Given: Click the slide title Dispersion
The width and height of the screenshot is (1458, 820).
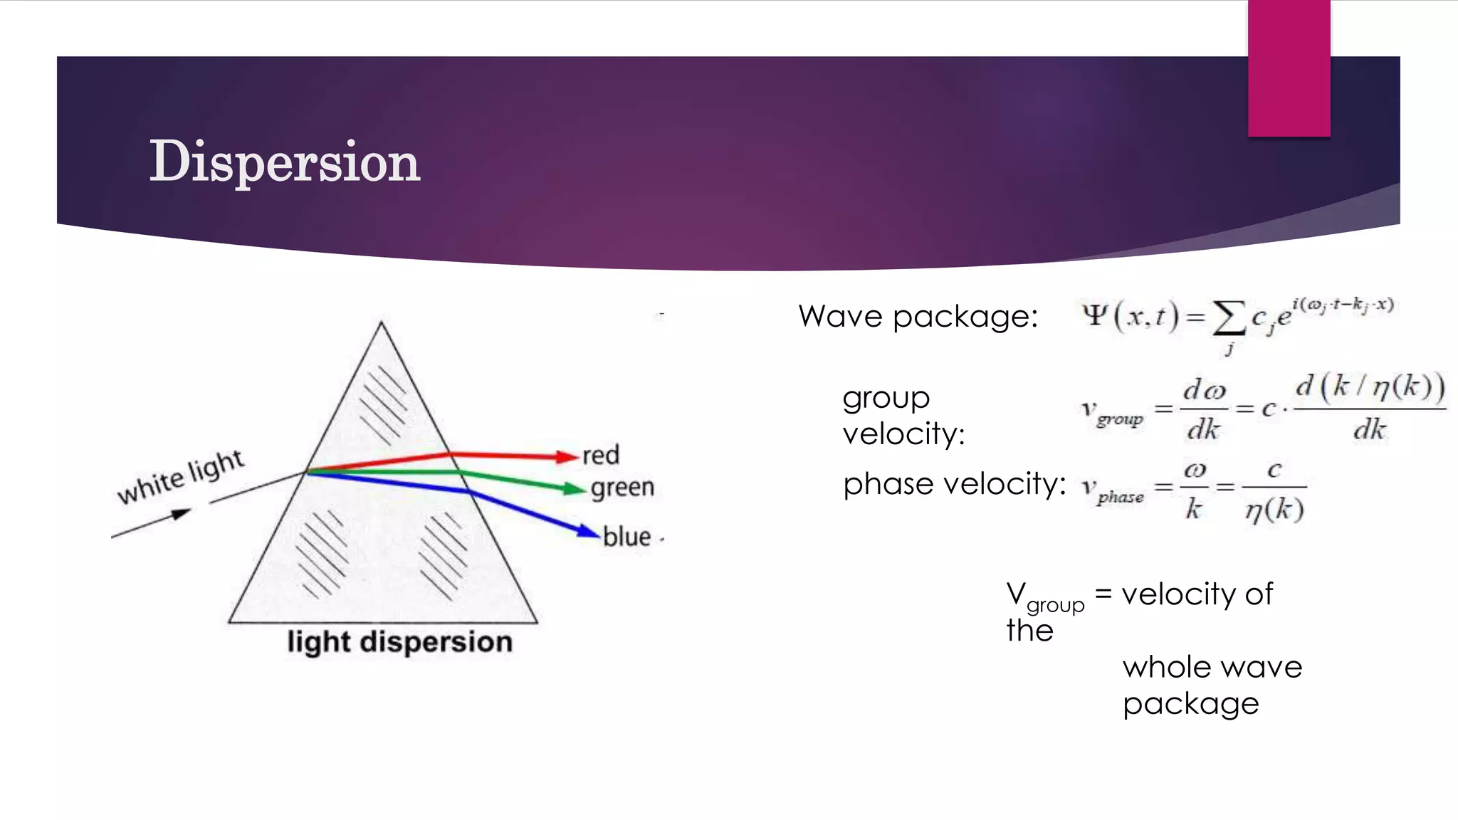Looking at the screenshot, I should click(x=284, y=162).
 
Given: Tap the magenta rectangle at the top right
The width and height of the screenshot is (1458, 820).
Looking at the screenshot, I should click(x=1289, y=68).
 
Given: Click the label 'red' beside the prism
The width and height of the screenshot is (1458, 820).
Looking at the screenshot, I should click(x=601, y=455).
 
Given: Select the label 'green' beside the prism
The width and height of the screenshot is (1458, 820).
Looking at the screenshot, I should click(x=622, y=488).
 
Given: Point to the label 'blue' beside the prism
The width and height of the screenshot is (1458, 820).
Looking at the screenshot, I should click(x=626, y=537).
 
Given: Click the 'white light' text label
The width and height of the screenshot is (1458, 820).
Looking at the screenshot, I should click(x=181, y=476).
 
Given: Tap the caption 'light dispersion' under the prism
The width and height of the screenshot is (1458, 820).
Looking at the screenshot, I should click(x=399, y=642).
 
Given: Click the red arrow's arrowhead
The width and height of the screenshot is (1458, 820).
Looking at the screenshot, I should click(x=567, y=457).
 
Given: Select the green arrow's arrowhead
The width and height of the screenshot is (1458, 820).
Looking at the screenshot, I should click(x=575, y=488).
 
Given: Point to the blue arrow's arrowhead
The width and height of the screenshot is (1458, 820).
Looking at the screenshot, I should click(x=589, y=531).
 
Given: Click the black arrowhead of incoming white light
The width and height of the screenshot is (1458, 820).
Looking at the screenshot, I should click(x=181, y=513).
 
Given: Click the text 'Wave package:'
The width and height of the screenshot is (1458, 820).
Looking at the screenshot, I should click(x=918, y=316).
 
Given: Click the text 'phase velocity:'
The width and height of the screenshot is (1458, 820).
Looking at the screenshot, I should click(x=954, y=484).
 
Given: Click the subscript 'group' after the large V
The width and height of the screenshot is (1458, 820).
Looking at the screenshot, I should click(x=1055, y=606).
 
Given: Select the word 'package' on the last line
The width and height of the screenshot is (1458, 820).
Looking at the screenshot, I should click(x=1190, y=704).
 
